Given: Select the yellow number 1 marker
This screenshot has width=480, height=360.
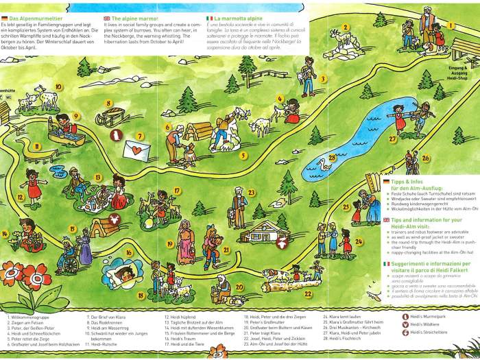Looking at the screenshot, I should click(451, 25).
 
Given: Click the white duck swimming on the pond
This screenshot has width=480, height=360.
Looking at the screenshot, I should click(322, 164).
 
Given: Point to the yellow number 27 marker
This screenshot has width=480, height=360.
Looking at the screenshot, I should click(393, 139).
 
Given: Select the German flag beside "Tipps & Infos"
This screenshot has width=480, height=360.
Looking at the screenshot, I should click(387, 181).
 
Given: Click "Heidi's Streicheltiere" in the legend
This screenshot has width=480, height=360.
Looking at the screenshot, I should click(428, 332).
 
